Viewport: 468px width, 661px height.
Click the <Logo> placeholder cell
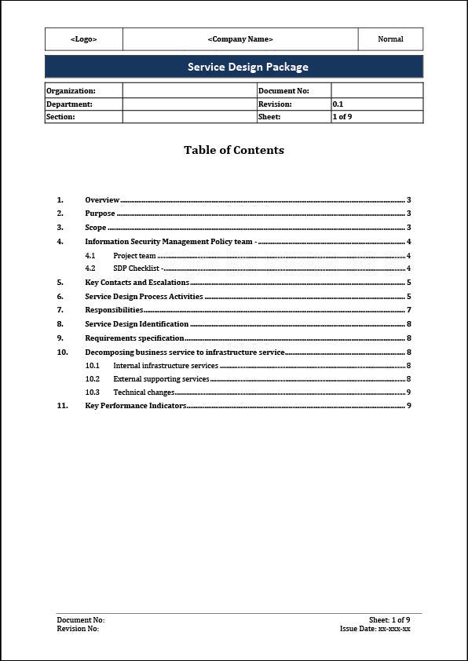84,39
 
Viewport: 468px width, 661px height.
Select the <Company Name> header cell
240,39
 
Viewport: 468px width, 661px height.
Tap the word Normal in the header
390,39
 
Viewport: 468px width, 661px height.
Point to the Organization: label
71,91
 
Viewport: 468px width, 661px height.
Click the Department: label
69,104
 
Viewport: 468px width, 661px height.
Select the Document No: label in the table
283,91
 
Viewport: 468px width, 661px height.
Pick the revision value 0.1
338,104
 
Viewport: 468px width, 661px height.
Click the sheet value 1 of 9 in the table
342,116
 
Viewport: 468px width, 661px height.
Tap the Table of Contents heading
234,150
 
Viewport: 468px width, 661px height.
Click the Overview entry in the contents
102,200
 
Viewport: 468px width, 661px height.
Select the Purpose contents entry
100,214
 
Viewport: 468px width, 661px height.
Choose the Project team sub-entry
134,256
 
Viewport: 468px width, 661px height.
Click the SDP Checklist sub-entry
137,268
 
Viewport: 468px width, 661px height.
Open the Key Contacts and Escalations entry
137,283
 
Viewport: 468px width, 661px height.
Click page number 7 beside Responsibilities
409,310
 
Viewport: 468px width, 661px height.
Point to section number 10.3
93,393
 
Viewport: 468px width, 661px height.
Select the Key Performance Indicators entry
135,406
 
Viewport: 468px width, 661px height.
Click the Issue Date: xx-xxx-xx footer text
375,629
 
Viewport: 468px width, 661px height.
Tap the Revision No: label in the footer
78,629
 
